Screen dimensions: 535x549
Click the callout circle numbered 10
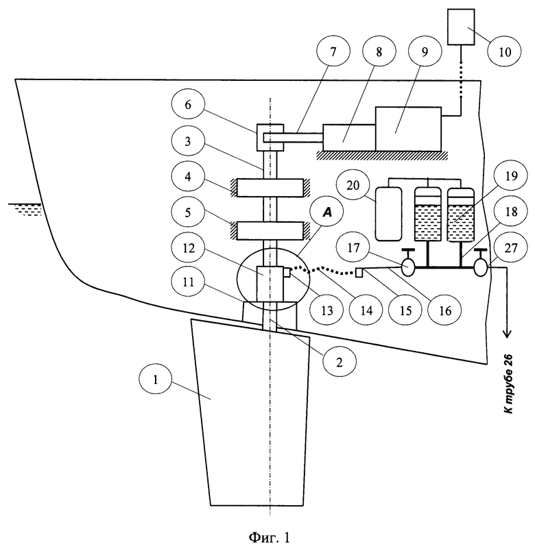[x=504, y=52]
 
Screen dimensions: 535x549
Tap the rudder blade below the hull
[x=250, y=413]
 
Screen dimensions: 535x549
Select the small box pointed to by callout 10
[x=461, y=27]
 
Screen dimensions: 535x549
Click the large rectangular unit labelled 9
[x=408, y=129]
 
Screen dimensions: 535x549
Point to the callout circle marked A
[x=327, y=212]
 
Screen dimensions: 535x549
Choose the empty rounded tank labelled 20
[x=388, y=214]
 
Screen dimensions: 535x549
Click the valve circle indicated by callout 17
[x=408, y=267]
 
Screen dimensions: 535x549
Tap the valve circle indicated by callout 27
[x=481, y=268]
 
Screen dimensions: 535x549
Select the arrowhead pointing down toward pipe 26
[x=507, y=334]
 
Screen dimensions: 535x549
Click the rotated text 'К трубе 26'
[x=508, y=384]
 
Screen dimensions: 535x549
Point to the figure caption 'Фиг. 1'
[x=269, y=537]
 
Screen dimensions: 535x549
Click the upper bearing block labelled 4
[x=270, y=188]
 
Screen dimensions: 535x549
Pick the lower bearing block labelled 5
[x=270, y=230]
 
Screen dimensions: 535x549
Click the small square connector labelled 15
[x=359, y=272]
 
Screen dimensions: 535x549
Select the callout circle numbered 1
[x=155, y=380]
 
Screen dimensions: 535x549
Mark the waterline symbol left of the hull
[x=25, y=208]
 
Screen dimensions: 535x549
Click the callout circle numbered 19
[x=511, y=175]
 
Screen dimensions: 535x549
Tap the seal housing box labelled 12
[x=270, y=284]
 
